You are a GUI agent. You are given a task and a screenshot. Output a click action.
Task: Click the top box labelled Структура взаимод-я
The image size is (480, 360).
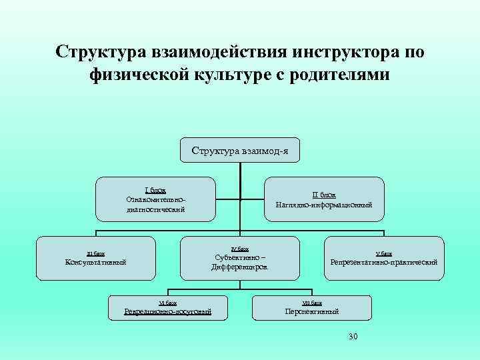240,150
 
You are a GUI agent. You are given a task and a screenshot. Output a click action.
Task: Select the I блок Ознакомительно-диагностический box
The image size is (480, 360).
155,199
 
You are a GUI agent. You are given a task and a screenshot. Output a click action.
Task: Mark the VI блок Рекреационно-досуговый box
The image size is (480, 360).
168,307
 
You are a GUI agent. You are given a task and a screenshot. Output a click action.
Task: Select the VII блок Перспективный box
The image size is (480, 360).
311,307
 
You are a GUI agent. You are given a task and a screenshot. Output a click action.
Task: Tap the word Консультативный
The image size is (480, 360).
95,261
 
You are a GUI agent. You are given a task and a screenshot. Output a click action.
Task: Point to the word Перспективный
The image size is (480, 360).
311,311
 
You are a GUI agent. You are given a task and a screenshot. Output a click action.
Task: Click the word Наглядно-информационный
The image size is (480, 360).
324,205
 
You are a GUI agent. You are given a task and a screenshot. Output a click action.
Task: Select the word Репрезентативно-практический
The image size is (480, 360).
383,262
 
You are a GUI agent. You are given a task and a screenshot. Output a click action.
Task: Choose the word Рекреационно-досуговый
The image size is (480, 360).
168,311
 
